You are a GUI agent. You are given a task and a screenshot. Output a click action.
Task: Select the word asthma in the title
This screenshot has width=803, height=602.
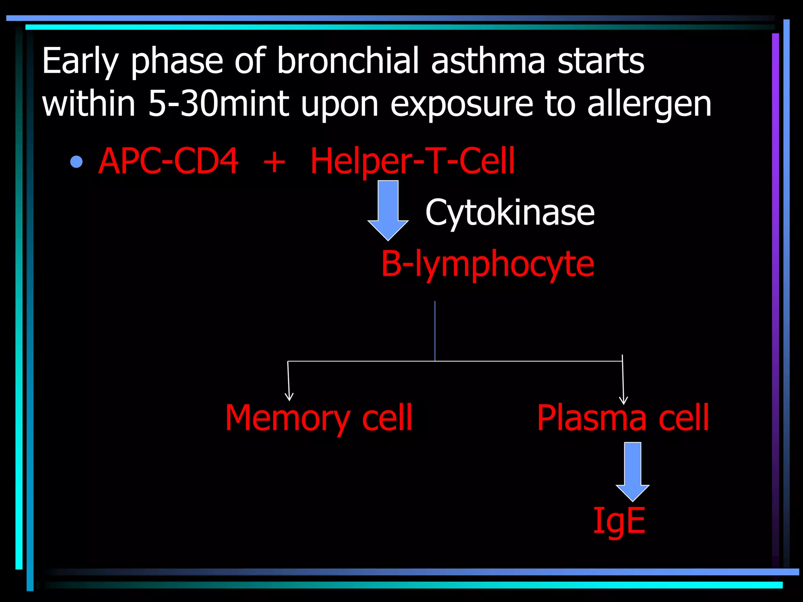(x=488, y=61)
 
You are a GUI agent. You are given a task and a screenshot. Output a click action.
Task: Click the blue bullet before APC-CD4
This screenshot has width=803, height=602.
(x=76, y=161)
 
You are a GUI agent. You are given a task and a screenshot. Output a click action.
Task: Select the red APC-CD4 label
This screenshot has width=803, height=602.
(x=168, y=161)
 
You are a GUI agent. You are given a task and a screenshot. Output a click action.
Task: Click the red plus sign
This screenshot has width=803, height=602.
(x=274, y=161)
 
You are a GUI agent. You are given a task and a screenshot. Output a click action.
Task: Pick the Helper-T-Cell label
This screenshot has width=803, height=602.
(x=412, y=161)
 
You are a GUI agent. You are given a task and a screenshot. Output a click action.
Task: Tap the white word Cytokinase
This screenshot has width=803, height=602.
(x=510, y=212)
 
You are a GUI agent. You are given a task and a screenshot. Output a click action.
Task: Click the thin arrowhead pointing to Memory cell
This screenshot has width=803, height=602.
(x=289, y=397)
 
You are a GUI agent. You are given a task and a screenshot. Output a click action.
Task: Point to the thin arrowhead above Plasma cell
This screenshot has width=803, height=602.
(x=623, y=400)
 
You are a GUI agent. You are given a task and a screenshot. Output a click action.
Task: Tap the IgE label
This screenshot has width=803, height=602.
(x=619, y=521)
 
